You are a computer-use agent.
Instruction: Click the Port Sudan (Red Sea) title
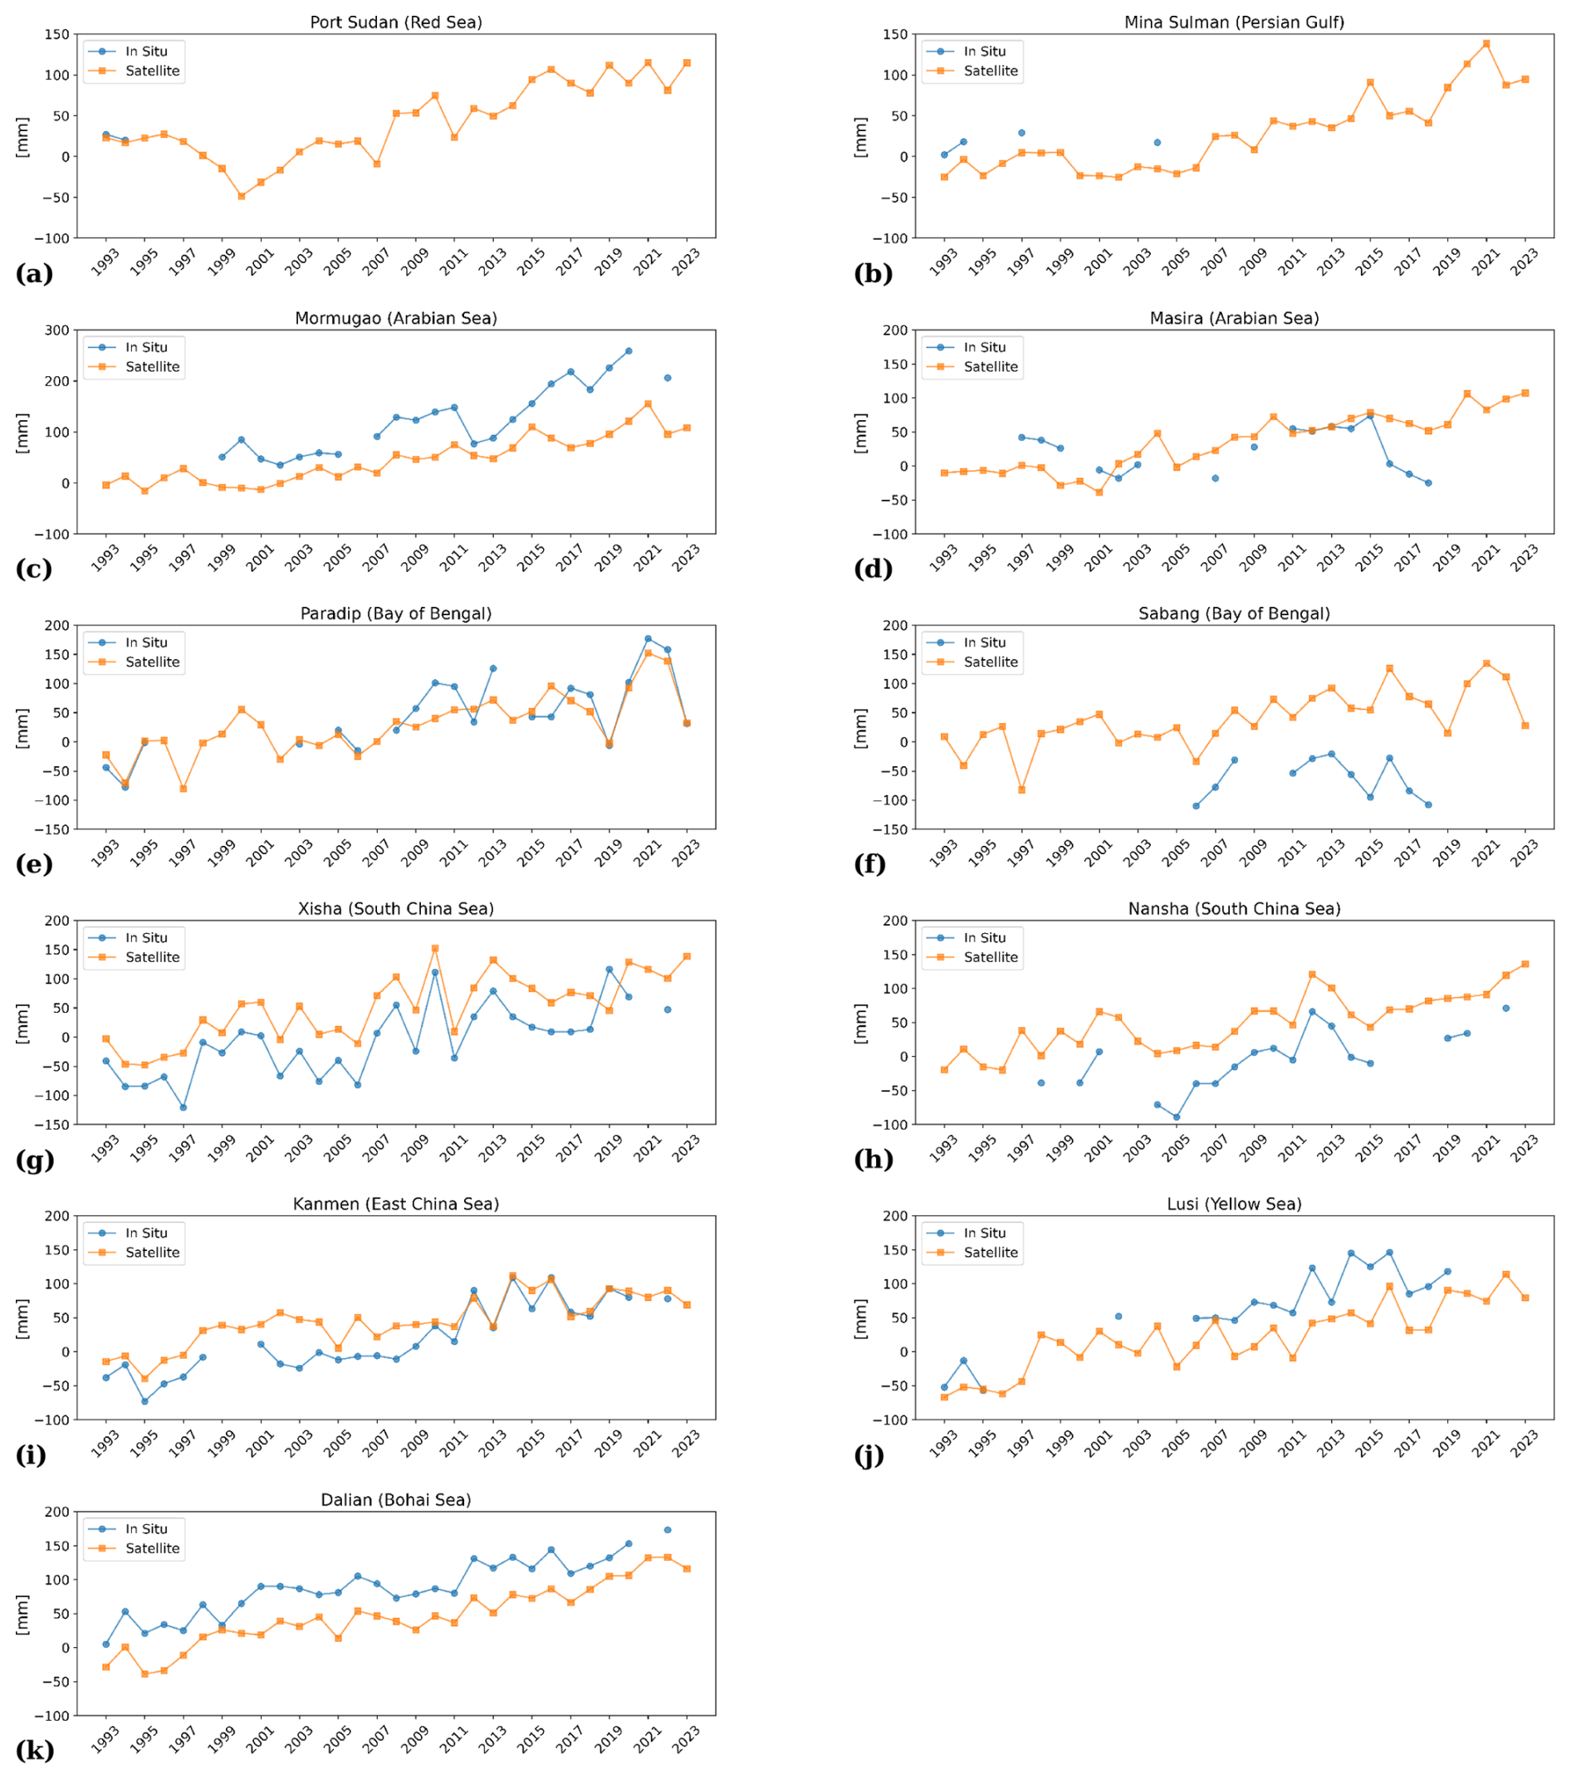(x=396, y=22)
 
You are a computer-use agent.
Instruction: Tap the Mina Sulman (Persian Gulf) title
(x=1233, y=22)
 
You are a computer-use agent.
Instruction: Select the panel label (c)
(x=34, y=569)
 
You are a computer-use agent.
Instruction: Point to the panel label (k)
(x=34, y=1750)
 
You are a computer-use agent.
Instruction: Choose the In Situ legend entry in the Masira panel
(x=983, y=347)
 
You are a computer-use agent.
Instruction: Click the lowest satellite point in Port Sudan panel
(x=241, y=197)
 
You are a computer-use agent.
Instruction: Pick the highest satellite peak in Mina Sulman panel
(x=1485, y=43)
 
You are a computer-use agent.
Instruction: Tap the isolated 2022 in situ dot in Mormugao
(x=668, y=378)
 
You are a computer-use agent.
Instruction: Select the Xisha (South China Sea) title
(x=396, y=909)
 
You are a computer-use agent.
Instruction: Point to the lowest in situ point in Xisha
(x=183, y=1107)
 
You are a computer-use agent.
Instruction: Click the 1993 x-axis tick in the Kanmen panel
(x=105, y=1444)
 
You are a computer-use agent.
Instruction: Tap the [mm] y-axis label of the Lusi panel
(x=861, y=1318)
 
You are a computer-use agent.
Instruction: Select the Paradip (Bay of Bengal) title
(x=396, y=613)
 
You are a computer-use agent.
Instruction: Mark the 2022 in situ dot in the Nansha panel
(x=1505, y=1008)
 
